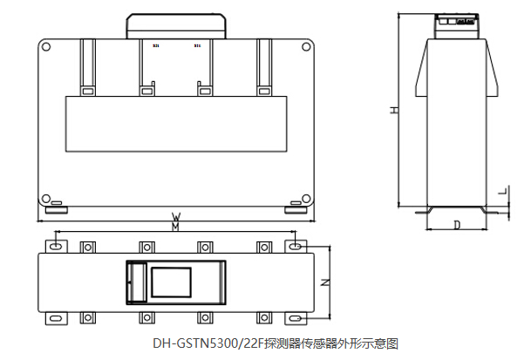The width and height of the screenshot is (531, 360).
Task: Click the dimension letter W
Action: click(175, 215)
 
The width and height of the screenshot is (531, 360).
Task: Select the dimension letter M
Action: click(175, 227)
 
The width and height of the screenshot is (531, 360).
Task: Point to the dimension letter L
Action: click(501, 190)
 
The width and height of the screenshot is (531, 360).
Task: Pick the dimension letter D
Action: click(457, 225)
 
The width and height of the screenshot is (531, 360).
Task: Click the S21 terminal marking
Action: click(156, 46)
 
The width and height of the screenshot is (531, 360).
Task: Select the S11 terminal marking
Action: click(197, 46)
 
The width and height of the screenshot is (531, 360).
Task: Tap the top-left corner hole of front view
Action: click(46, 50)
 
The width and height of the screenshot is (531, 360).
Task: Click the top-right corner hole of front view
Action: click(305, 50)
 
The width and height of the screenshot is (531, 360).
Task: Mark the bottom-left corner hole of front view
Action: click(46, 197)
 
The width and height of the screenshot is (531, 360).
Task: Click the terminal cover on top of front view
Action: click(175, 25)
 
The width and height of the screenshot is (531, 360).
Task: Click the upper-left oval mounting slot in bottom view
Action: click(56, 248)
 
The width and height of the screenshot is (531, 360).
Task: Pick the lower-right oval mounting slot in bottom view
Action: click(296, 317)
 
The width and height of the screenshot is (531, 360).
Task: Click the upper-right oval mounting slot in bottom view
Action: click(296, 248)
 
